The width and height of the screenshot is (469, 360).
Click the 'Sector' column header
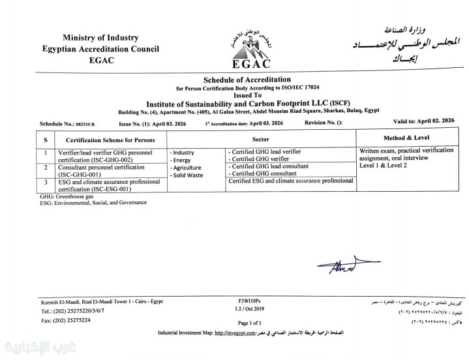261,139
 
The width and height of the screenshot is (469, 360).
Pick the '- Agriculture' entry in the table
186,168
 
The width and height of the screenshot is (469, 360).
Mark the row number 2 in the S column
45,168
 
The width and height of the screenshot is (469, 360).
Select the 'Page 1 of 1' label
249,323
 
